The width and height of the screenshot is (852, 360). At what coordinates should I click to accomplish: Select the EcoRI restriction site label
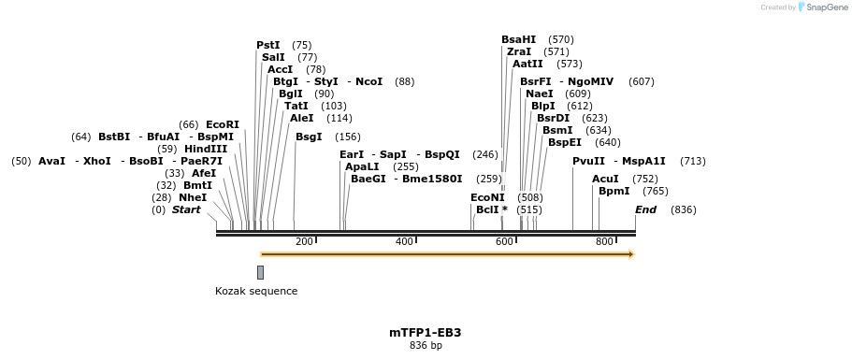tap(223, 124)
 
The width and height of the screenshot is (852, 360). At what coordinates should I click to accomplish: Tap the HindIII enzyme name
tap(206, 149)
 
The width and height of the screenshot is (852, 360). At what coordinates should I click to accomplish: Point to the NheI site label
tap(193, 197)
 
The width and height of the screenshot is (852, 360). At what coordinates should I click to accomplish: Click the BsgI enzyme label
tap(309, 137)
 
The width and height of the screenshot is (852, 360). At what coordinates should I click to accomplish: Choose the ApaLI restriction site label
tap(362, 166)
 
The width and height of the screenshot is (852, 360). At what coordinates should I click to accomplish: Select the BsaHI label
tap(519, 39)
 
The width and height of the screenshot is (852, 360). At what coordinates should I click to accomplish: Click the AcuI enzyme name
tap(605, 179)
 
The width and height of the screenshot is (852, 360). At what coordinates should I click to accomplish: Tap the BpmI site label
tap(614, 191)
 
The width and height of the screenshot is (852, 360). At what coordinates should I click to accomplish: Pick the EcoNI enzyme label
tap(487, 197)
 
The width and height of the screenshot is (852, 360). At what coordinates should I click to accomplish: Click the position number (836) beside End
tap(684, 209)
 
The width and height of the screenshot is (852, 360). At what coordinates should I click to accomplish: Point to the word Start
tap(186, 209)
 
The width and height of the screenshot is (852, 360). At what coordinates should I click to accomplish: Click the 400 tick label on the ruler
tap(404, 242)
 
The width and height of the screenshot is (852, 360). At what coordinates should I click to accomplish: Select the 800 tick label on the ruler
tap(604, 242)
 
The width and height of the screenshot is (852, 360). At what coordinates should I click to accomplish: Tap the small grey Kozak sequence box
tap(260, 272)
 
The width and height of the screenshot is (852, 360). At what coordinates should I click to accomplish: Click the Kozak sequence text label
tap(256, 291)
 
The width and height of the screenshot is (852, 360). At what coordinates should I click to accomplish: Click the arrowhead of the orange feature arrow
tap(631, 254)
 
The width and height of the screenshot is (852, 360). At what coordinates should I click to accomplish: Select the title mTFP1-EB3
tap(426, 332)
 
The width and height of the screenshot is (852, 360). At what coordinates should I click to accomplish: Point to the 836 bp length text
tap(426, 346)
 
